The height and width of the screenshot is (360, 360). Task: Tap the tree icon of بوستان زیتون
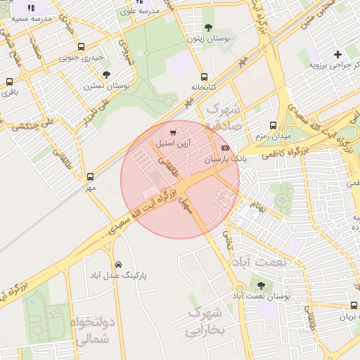pyautogui.click(x=207, y=28)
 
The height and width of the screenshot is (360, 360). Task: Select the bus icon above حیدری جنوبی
pyautogui.click(x=81, y=47)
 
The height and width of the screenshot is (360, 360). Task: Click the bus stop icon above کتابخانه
pyautogui.click(x=204, y=77)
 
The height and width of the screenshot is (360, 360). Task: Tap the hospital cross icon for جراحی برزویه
pyautogui.click(x=338, y=54)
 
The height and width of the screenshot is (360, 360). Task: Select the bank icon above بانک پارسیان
pyautogui.click(x=225, y=148)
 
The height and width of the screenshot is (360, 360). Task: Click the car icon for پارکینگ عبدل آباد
pyautogui.click(x=118, y=264)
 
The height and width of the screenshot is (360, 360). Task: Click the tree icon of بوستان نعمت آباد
pyautogui.click(x=262, y=286)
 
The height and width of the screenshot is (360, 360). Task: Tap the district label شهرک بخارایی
pyautogui.click(x=205, y=321)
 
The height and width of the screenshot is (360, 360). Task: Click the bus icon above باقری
pyautogui.click(x=9, y=82)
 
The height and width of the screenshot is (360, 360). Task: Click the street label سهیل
pyautogui.click(x=185, y=203)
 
